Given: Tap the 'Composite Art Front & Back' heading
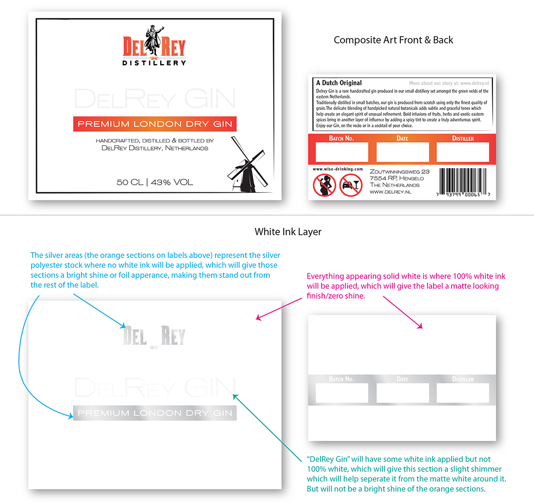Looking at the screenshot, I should click(x=393, y=40).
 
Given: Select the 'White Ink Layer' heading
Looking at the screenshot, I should click(x=288, y=232).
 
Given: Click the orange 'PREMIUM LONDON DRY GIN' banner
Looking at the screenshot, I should click(x=155, y=124).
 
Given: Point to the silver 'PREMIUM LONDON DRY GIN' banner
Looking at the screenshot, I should click(x=155, y=413).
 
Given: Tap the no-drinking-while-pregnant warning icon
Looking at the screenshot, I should click(x=325, y=185).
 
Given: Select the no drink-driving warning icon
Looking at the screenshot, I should click(x=351, y=185).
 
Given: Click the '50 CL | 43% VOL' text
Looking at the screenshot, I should click(x=155, y=182).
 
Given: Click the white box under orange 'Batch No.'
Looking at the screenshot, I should click(x=342, y=152).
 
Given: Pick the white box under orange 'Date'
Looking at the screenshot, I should click(x=402, y=152).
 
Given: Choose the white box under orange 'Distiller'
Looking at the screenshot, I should click(x=463, y=152).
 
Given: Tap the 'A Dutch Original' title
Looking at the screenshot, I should click(x=339, y=83).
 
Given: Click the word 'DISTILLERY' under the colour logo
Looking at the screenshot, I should click(x=154, y=63).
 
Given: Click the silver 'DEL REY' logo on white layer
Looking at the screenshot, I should click(x=154, y=336).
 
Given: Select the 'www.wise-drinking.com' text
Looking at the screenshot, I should click(x=338, y=170).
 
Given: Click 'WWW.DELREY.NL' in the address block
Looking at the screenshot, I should click(x=390, y=192).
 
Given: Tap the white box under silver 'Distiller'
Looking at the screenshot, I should click(x=463, y=393).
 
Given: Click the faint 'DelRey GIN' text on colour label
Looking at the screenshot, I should click(x=155, y=99).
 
